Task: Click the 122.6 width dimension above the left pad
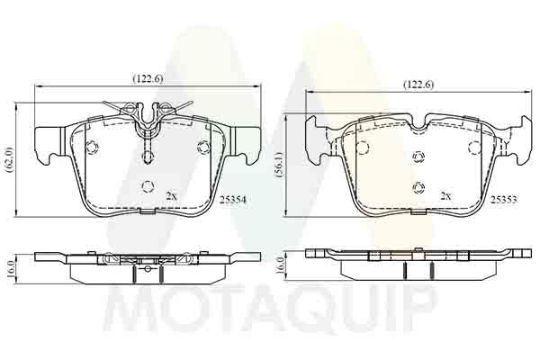point(148,78)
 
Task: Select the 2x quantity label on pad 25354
point(172,195)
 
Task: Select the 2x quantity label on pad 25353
point(444,195)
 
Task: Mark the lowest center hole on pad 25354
point(148,186)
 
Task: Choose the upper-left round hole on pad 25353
point(362,148)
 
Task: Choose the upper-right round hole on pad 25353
point(473,147)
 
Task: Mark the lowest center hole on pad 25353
point(418,186)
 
